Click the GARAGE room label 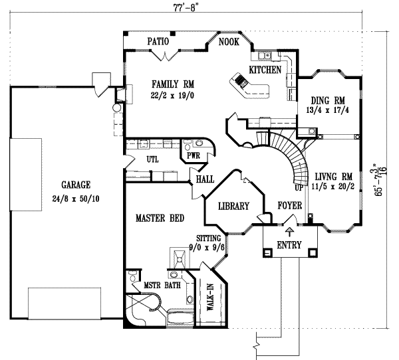(74, 185)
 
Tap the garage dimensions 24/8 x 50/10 (74, 197)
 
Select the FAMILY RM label (163, 84)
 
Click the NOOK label (229, 42)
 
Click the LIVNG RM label (332, 176)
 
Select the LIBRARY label (233, 207)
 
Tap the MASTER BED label (160, 217)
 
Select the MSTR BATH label (161, 286)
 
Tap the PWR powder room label (194, 155)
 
